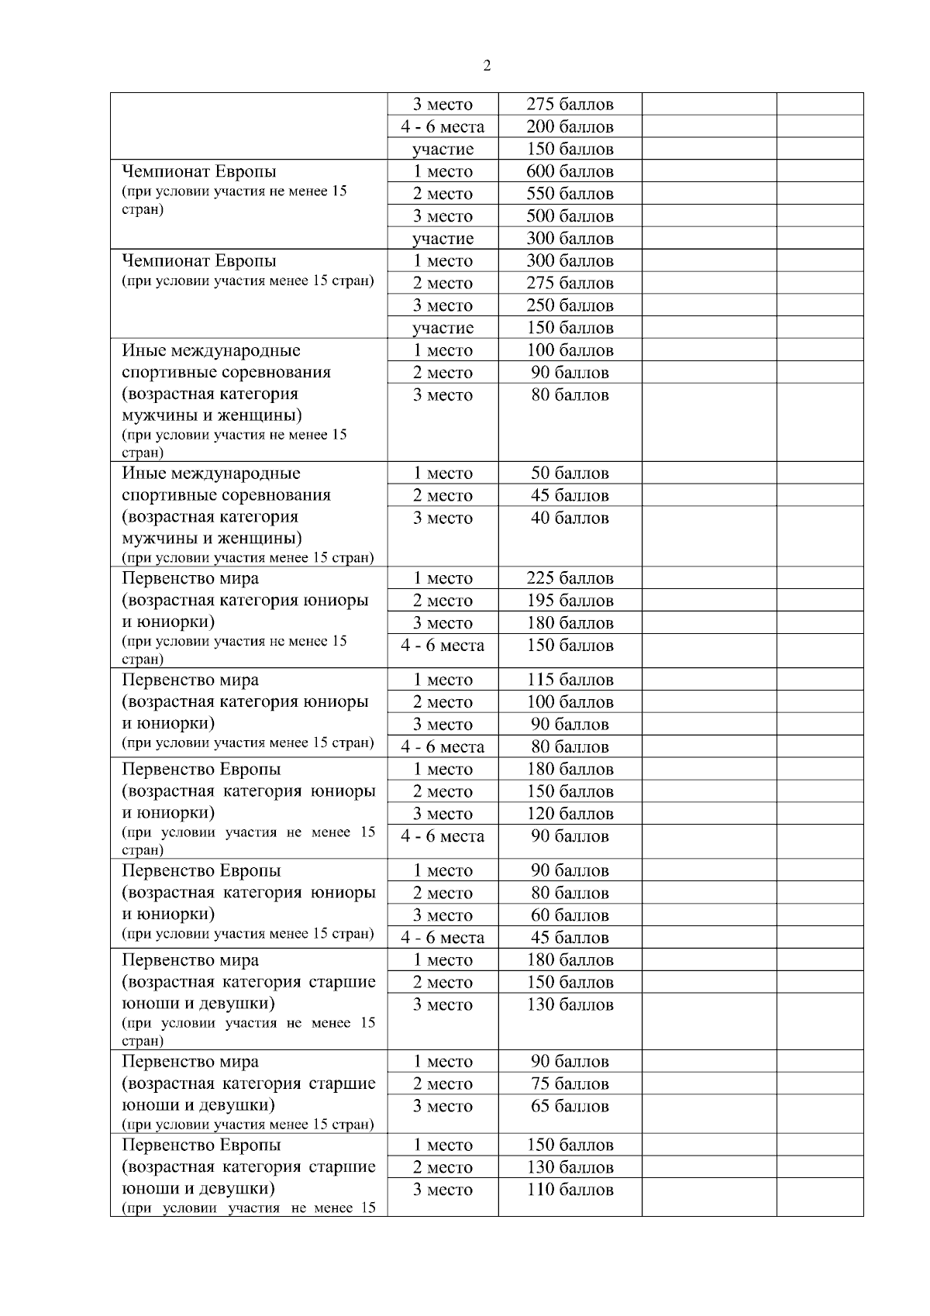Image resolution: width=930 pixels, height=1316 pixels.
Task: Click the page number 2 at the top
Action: [486, 66]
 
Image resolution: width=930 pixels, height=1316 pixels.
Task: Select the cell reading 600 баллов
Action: [570, 171]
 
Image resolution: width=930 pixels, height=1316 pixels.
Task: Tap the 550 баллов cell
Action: [570, 194]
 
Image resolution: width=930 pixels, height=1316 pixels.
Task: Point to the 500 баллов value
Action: [570, 216]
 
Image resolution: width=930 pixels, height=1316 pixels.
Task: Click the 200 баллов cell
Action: [570, 126]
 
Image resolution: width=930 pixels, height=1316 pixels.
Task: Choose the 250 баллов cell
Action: [570, 305]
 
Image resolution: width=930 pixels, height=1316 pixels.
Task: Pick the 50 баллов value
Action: [570, 473]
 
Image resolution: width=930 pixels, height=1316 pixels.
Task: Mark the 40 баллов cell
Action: [570, 518]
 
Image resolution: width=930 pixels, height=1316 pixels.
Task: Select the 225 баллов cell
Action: [570, 578]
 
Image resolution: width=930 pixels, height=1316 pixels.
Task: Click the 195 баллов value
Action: [570, 601]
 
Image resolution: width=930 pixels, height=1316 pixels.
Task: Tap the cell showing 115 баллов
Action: [570, 680]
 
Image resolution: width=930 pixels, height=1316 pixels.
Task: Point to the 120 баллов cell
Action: [570, 814]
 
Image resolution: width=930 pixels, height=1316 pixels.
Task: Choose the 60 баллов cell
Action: [570, 915]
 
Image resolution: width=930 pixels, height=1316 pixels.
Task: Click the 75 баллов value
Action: [570, 1083]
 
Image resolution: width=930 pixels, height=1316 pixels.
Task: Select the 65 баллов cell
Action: [570, 1106]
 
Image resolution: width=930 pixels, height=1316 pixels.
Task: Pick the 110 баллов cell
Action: [570, 1190]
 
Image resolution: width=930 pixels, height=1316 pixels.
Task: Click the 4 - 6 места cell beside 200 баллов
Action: [443, 126]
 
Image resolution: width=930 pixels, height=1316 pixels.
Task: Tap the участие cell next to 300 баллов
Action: [443, 239]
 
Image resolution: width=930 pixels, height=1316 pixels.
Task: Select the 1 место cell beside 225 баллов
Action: [443, 578]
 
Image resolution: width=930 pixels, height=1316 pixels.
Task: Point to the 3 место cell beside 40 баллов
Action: [443, 518]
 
